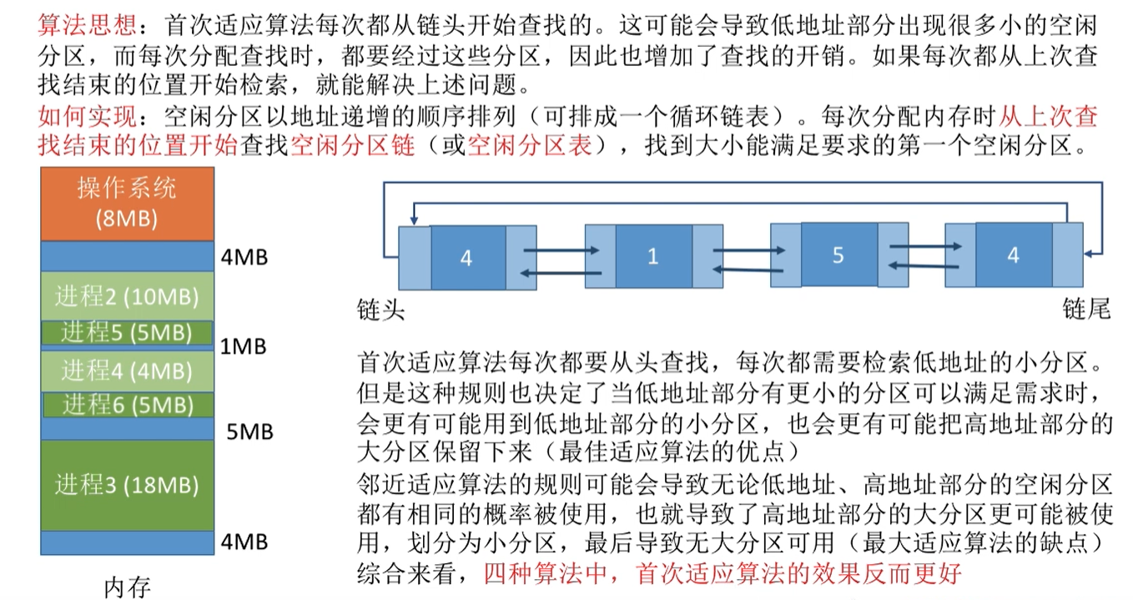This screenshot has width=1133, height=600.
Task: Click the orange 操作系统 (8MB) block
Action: pyautogui.click(x=127, y=203)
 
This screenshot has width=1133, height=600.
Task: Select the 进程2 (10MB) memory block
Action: pyautogui.click(x=127, y=295)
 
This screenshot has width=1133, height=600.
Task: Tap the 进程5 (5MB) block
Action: pyautogui.click(x=127, y=332)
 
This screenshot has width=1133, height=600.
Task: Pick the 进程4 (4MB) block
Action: pyautogui.click(x=127, y=370)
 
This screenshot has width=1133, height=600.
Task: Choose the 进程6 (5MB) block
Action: pyautogui.click(x=127, y=405)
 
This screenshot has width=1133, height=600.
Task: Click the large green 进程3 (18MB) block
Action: pyautogui.click(x=127, y=485)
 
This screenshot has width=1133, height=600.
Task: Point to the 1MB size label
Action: pyautogui.click(x=244, y=345)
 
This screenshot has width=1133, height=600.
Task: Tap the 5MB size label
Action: pyautogui.click(x=249, y=431)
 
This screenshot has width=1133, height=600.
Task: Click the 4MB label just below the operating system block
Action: pyautogui.click(x=244, y=256)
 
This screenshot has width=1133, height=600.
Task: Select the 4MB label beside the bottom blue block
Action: pyautogui.click(x=244, y=542)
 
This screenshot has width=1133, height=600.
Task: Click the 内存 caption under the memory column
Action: pyautogui.click(x=127, y=587)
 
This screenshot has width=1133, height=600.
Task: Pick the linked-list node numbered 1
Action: pyautogui.click(x=653, y=257)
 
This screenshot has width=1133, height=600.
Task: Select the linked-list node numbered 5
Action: pyautogui.click(x=838, y=255)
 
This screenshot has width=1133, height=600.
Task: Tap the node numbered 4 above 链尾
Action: pyautogui.click(x=1013, y=255)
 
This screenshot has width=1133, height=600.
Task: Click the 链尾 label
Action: pyautogui.click(x=1086, y=310)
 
